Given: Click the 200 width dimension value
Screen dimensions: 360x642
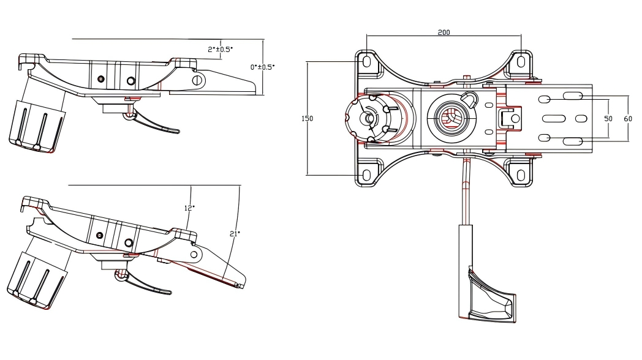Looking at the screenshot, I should coord(444,32).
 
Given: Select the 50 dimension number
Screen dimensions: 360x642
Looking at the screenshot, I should coord(608,119).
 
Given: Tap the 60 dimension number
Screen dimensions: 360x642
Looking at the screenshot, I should coord(627,119).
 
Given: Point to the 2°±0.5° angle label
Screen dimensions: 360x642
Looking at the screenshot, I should coord(220,49).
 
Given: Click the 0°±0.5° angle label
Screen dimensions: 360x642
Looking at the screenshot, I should coord(263,67).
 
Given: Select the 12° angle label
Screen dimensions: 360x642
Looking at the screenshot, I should coord(189,208).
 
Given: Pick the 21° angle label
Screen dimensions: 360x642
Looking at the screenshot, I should coord(234,233).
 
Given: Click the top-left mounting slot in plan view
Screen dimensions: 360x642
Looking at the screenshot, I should coord(366,62).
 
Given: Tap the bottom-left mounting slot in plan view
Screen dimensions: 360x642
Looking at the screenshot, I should coord(366,175).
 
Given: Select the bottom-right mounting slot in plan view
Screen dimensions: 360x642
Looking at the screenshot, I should coord(521,175).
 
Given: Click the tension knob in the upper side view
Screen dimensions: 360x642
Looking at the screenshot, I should coord(37,122).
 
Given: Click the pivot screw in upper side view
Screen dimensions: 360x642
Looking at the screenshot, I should coord(197,80).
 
